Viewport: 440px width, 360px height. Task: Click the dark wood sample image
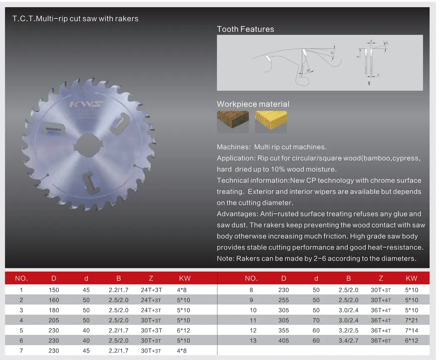click(x=233, y=121)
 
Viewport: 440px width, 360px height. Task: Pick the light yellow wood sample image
click(x=271, y=121)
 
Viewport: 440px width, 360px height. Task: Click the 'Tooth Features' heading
click(x=246, y=29)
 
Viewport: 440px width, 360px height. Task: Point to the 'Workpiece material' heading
click(x=253, y=104)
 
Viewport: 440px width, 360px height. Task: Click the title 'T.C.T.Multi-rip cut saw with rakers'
click(x=76, y=19)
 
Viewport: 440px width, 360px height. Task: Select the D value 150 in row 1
click(x=54, y=290)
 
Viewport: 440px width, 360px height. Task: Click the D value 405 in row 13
click(x=283, y=340)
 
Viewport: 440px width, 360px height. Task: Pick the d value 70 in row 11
click(x=316, y=321)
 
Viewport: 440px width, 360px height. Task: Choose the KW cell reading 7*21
click(x=411, y=321)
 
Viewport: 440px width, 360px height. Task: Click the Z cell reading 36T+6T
click(x=380, y=340)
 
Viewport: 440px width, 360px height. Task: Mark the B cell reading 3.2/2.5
click(x=348, y=330)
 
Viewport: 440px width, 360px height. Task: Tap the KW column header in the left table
click(x=184, y=278)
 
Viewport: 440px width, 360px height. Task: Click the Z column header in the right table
click(x=381, y=278)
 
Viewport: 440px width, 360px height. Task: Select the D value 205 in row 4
click(x=54, y=321)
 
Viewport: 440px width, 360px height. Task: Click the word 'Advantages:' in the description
click(x=237, y=214)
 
